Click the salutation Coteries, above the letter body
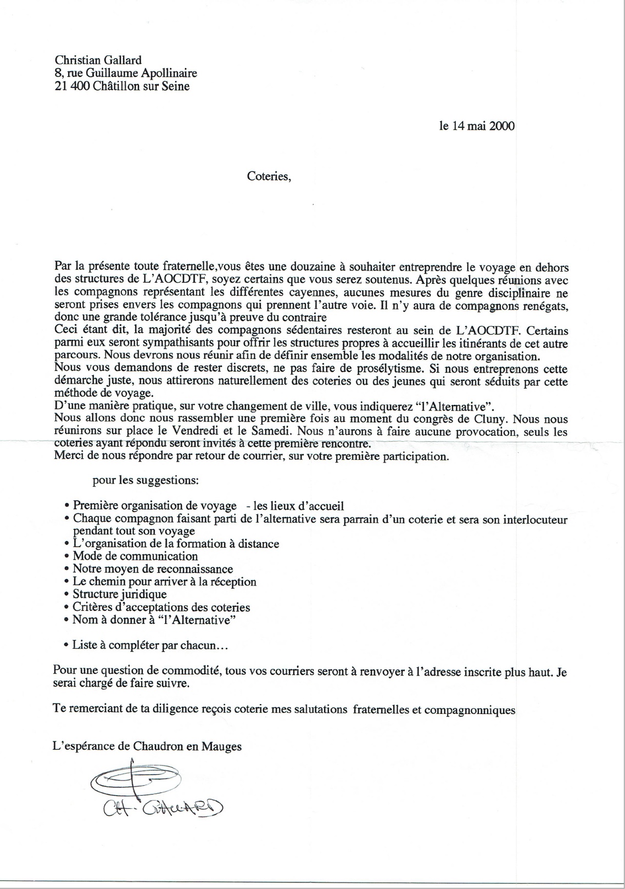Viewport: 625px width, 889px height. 269,177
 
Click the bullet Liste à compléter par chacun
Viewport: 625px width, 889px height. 149,645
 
